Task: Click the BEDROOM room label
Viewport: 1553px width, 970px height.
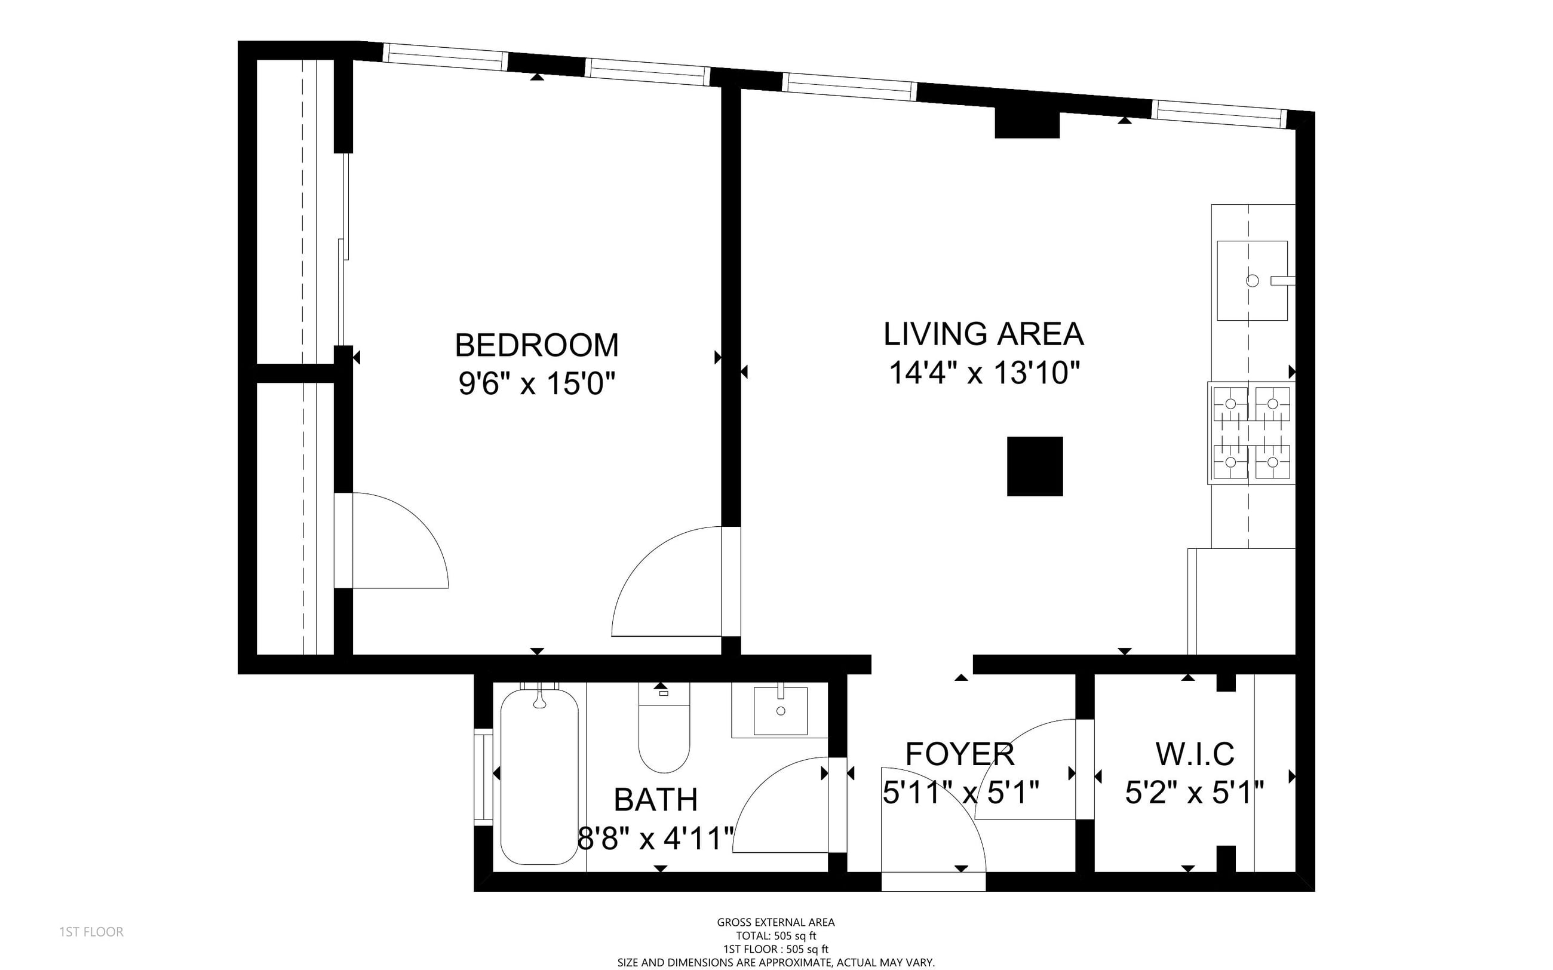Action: coord(536,345)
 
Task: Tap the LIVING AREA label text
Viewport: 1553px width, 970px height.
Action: coord(983,334)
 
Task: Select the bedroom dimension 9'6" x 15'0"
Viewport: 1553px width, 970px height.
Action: coord(536,384)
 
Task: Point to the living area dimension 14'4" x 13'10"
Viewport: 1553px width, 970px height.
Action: coord(984,373)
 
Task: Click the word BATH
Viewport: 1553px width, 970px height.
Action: coord(656,799)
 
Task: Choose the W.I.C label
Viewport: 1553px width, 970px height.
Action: coord(1195,754)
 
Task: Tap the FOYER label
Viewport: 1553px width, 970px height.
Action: coord(960,754)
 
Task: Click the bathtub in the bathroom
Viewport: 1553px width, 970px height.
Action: coord(539,777)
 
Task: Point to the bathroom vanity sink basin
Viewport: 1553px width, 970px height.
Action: coord(780,711)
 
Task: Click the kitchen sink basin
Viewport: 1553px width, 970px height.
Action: coord(1251,280)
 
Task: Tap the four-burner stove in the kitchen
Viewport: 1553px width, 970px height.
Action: coord(1251,432)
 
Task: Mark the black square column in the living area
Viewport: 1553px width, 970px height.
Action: coord(1035,466)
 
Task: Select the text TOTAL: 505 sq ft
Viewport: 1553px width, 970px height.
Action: coord(776,936)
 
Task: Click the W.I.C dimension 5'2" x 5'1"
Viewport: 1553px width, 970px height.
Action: coord(1195,793)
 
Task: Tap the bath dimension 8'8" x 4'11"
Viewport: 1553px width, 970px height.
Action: coord(656,839)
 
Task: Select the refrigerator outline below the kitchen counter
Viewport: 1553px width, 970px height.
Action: coord(1241,601)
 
